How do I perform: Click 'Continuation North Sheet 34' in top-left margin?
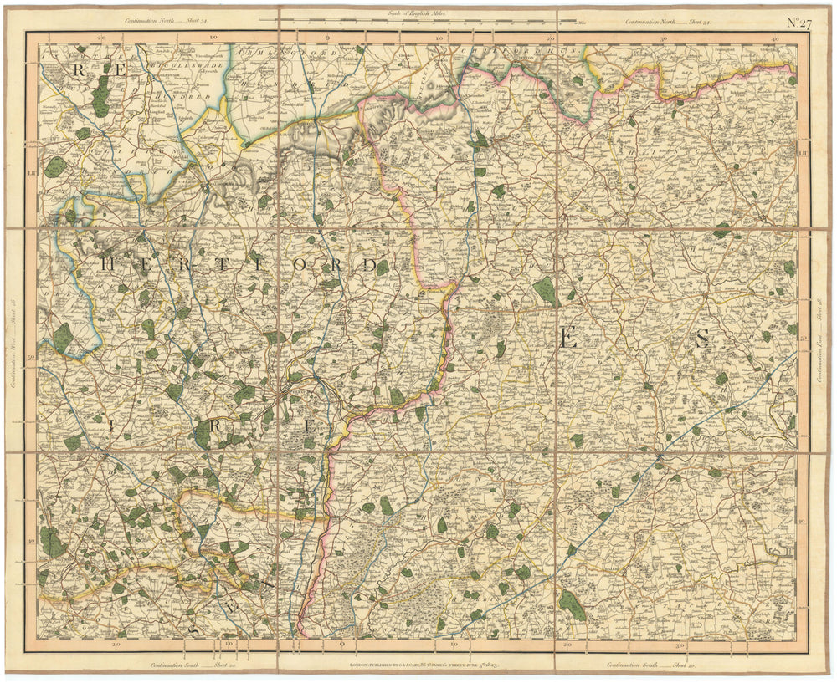point(167,21)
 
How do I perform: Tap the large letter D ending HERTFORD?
point(369,266)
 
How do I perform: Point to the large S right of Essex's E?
point(701,339)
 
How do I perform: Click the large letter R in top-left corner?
point(80,70)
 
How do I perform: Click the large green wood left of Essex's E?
point(545,292)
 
